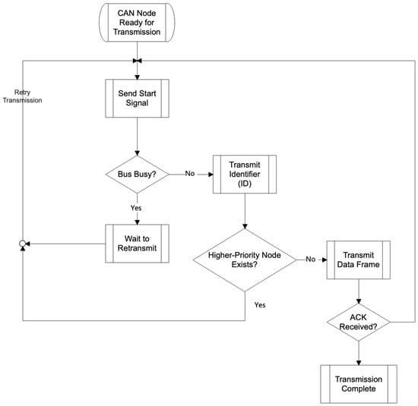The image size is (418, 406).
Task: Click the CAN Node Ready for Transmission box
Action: (x=137, y=23)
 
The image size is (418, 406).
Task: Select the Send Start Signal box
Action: (x=137, y=98)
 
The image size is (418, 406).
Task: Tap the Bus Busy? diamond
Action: (x=137, y=175)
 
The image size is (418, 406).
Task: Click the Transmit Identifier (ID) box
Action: (x=245, y=174)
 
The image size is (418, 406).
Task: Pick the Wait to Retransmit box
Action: (x=137, y=244)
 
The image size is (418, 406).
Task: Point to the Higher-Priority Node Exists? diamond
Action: (x=245, y=260)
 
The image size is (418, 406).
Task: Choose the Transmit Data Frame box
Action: (x=359, y=260)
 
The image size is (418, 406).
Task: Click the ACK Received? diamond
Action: (x=359, y=322)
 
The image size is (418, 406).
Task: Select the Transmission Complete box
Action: (x=359, y=384)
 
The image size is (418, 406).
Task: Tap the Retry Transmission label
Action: (x=22, y=96)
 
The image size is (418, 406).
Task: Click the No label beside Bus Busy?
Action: (x=190, y=174)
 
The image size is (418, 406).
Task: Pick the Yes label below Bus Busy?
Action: (x=136, y=208)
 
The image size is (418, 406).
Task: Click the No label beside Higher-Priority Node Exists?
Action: (x=311, y=259)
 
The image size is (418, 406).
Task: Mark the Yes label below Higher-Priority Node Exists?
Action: (x=260, y=305)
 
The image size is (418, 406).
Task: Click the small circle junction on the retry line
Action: (x=22, y=244)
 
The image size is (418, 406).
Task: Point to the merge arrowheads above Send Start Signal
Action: (x=137, y=61)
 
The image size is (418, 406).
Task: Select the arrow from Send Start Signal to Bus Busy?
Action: (x=137, y=137)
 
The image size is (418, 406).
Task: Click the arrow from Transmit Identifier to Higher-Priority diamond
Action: (x=245, y=211)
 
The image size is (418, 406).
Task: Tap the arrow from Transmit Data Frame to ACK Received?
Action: (x=359, y=291)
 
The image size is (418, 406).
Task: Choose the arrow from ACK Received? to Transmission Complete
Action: (x=359, y=353)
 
